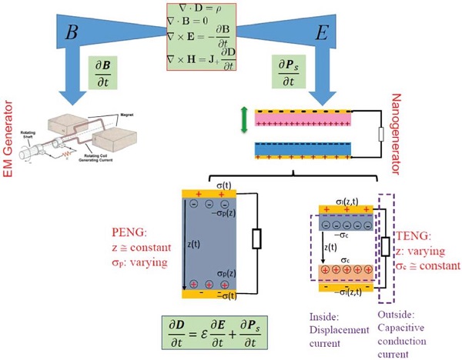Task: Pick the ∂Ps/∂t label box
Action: (x=288, y=78)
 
